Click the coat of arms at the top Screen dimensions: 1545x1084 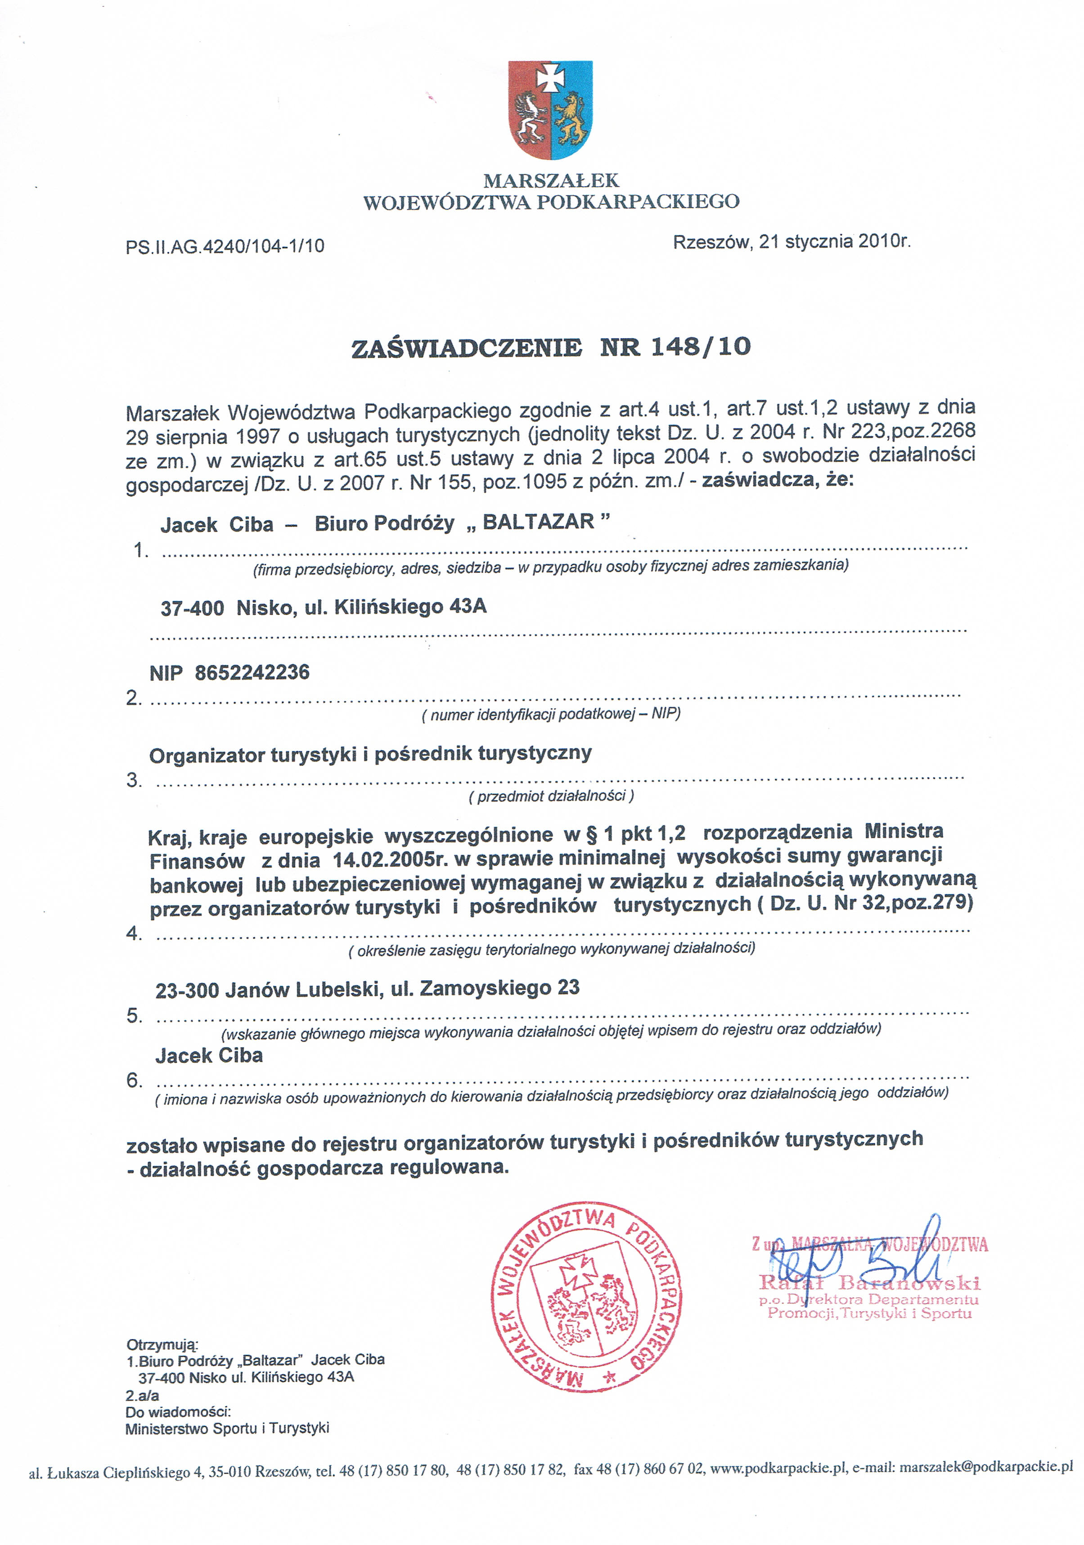(550, 110)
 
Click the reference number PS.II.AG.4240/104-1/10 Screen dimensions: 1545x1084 (225, 246)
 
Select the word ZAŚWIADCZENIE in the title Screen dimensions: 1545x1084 (467, 348)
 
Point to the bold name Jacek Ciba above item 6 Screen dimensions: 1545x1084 (209, 1056)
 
